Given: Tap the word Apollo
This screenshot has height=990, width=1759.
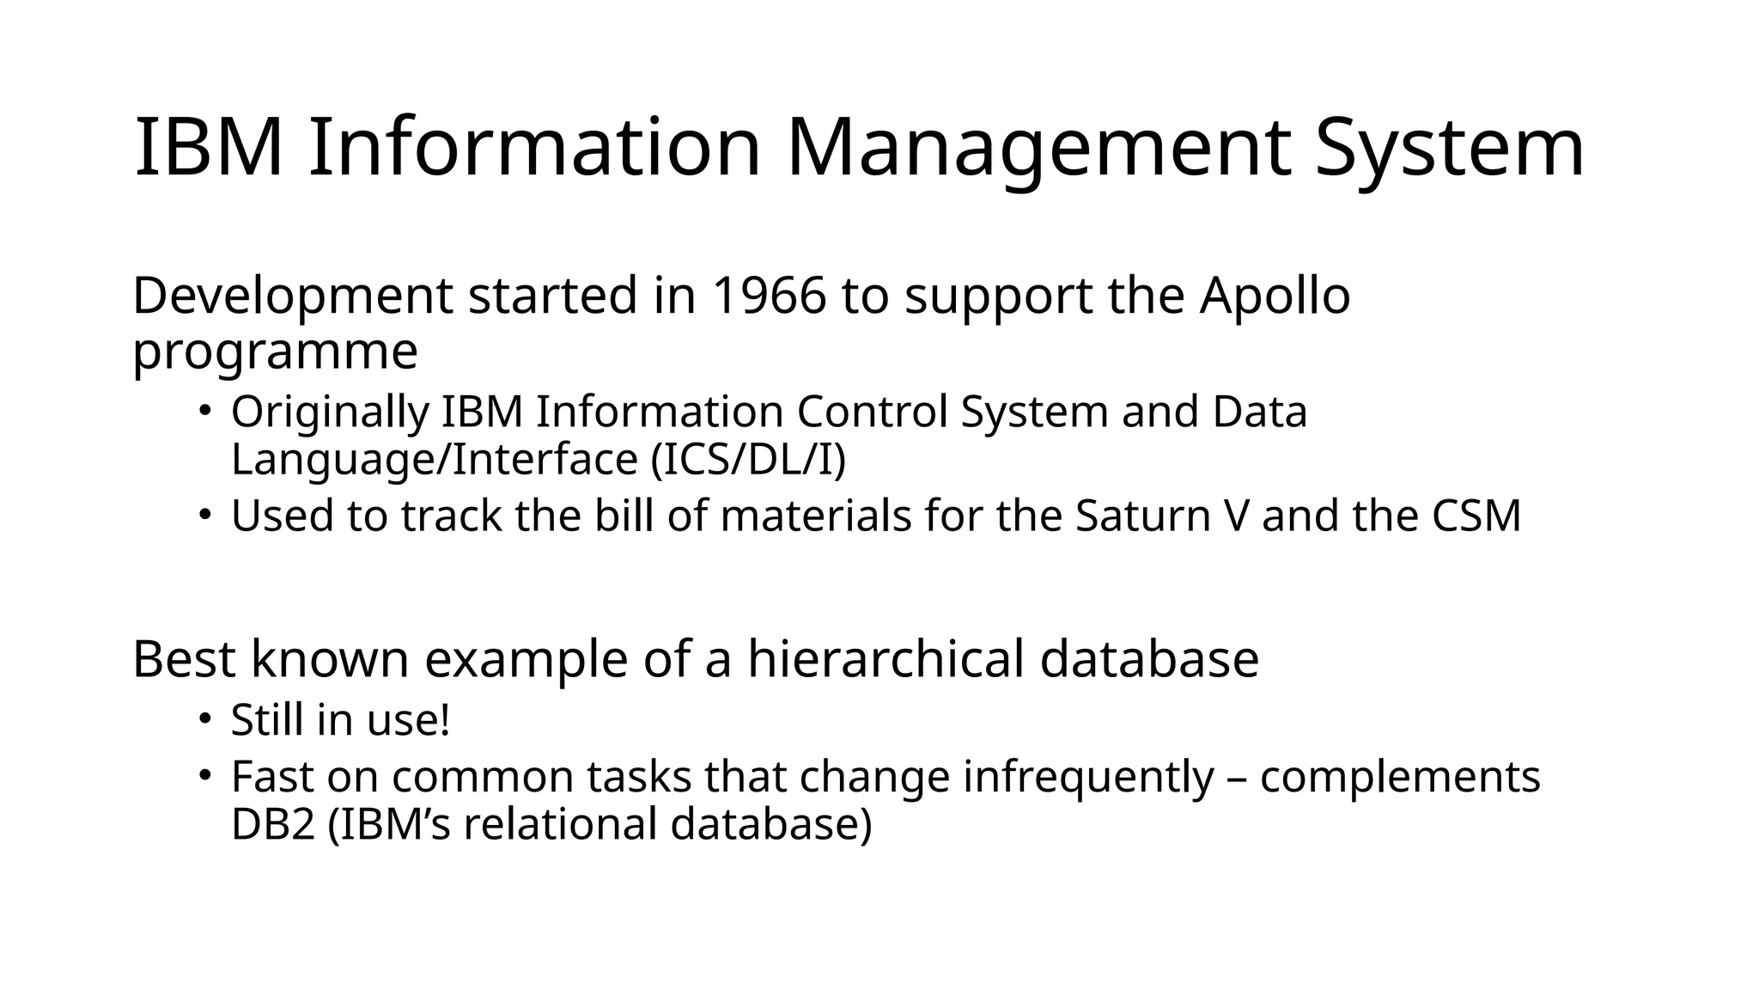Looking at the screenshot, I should tap(1275, 296).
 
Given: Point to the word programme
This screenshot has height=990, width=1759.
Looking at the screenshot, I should tap(275, 352).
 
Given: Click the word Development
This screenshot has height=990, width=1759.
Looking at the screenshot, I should tap(292, 296).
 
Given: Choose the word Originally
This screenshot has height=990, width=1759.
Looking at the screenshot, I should tap(329, 412).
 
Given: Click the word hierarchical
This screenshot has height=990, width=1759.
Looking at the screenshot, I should tap(886, 659).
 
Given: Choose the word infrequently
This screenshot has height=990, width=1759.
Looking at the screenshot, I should tap(1088, 777).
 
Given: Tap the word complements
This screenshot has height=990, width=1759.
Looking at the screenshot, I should tap(1400, 777).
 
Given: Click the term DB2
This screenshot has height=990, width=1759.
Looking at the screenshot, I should tap(273, 824).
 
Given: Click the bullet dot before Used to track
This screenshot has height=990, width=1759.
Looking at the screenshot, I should tap(204, 515).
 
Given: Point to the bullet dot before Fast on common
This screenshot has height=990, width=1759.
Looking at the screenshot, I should tap(204, 775).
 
